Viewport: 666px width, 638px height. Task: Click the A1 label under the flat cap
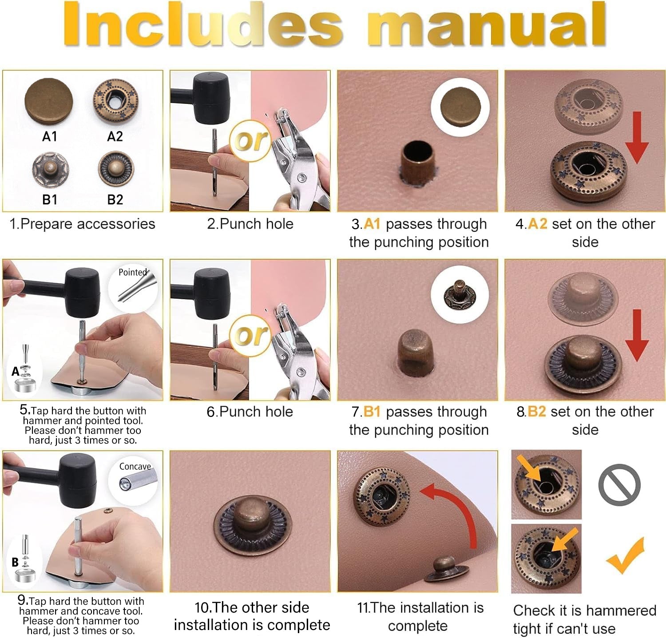49,136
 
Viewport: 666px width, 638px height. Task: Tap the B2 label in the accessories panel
115,199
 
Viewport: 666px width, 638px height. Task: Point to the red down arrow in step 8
637,335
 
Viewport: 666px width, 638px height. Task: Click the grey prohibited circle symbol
619,485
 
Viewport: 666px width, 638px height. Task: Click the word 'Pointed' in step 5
132,272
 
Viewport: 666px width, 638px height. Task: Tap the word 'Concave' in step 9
135,466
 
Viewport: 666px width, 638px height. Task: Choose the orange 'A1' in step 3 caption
372,224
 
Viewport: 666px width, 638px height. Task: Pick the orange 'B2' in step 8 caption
536,412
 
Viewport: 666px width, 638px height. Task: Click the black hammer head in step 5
83,292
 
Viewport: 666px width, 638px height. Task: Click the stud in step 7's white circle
460,294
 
